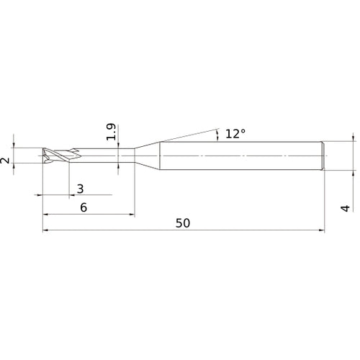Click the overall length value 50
[183, 223]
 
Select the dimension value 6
[84, 207]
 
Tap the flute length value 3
[80, 189]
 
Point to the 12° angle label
[235, 133]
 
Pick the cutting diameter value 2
[6, 157]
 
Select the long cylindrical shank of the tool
[241, 156]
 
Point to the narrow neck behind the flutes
[108, 156]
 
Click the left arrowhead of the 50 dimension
[46, 231]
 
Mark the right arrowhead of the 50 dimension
[321, 231]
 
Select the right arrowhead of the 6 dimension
[131, 215]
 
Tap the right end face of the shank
[325, 156]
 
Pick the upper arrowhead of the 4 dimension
[353, 138]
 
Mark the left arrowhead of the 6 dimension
[46, 215]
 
